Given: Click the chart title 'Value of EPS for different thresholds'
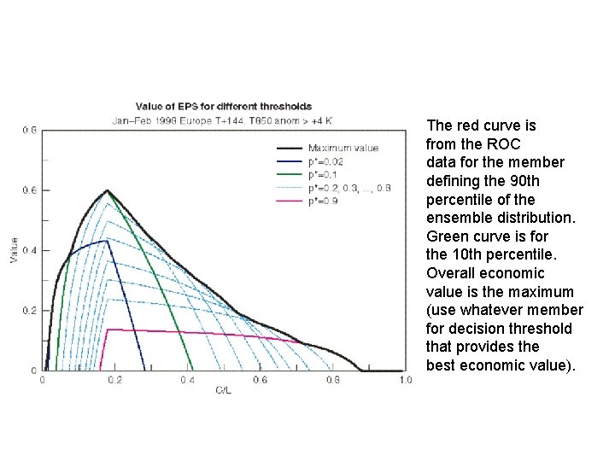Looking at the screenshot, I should pos(212,107).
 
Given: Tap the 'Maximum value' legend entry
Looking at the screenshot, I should pos(343,148).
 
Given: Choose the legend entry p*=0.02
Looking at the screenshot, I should pos(326,160).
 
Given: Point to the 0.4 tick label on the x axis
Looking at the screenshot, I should pos(187,380).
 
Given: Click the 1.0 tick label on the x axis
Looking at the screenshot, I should pos(404,380).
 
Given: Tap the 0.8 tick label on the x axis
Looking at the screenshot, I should pos(331,380).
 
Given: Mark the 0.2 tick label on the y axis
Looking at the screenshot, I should pos(31,311).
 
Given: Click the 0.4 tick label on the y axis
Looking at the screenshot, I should pos(31,250).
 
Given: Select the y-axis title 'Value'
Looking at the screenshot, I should pos(14,249).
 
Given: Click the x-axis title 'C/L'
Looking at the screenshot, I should pos(223,389).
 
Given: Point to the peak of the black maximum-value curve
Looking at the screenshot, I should pos(107,190).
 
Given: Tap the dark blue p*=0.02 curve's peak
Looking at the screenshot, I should pos(105,241).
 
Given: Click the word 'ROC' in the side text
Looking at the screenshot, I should pos(505,143).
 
